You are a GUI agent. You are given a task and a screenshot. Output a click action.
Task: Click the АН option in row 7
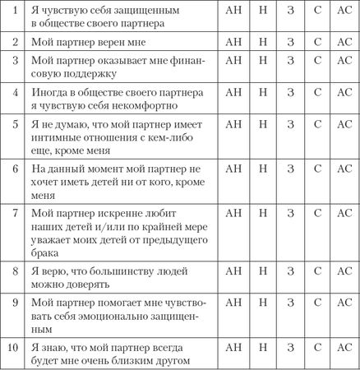click(x=233, y=212)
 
